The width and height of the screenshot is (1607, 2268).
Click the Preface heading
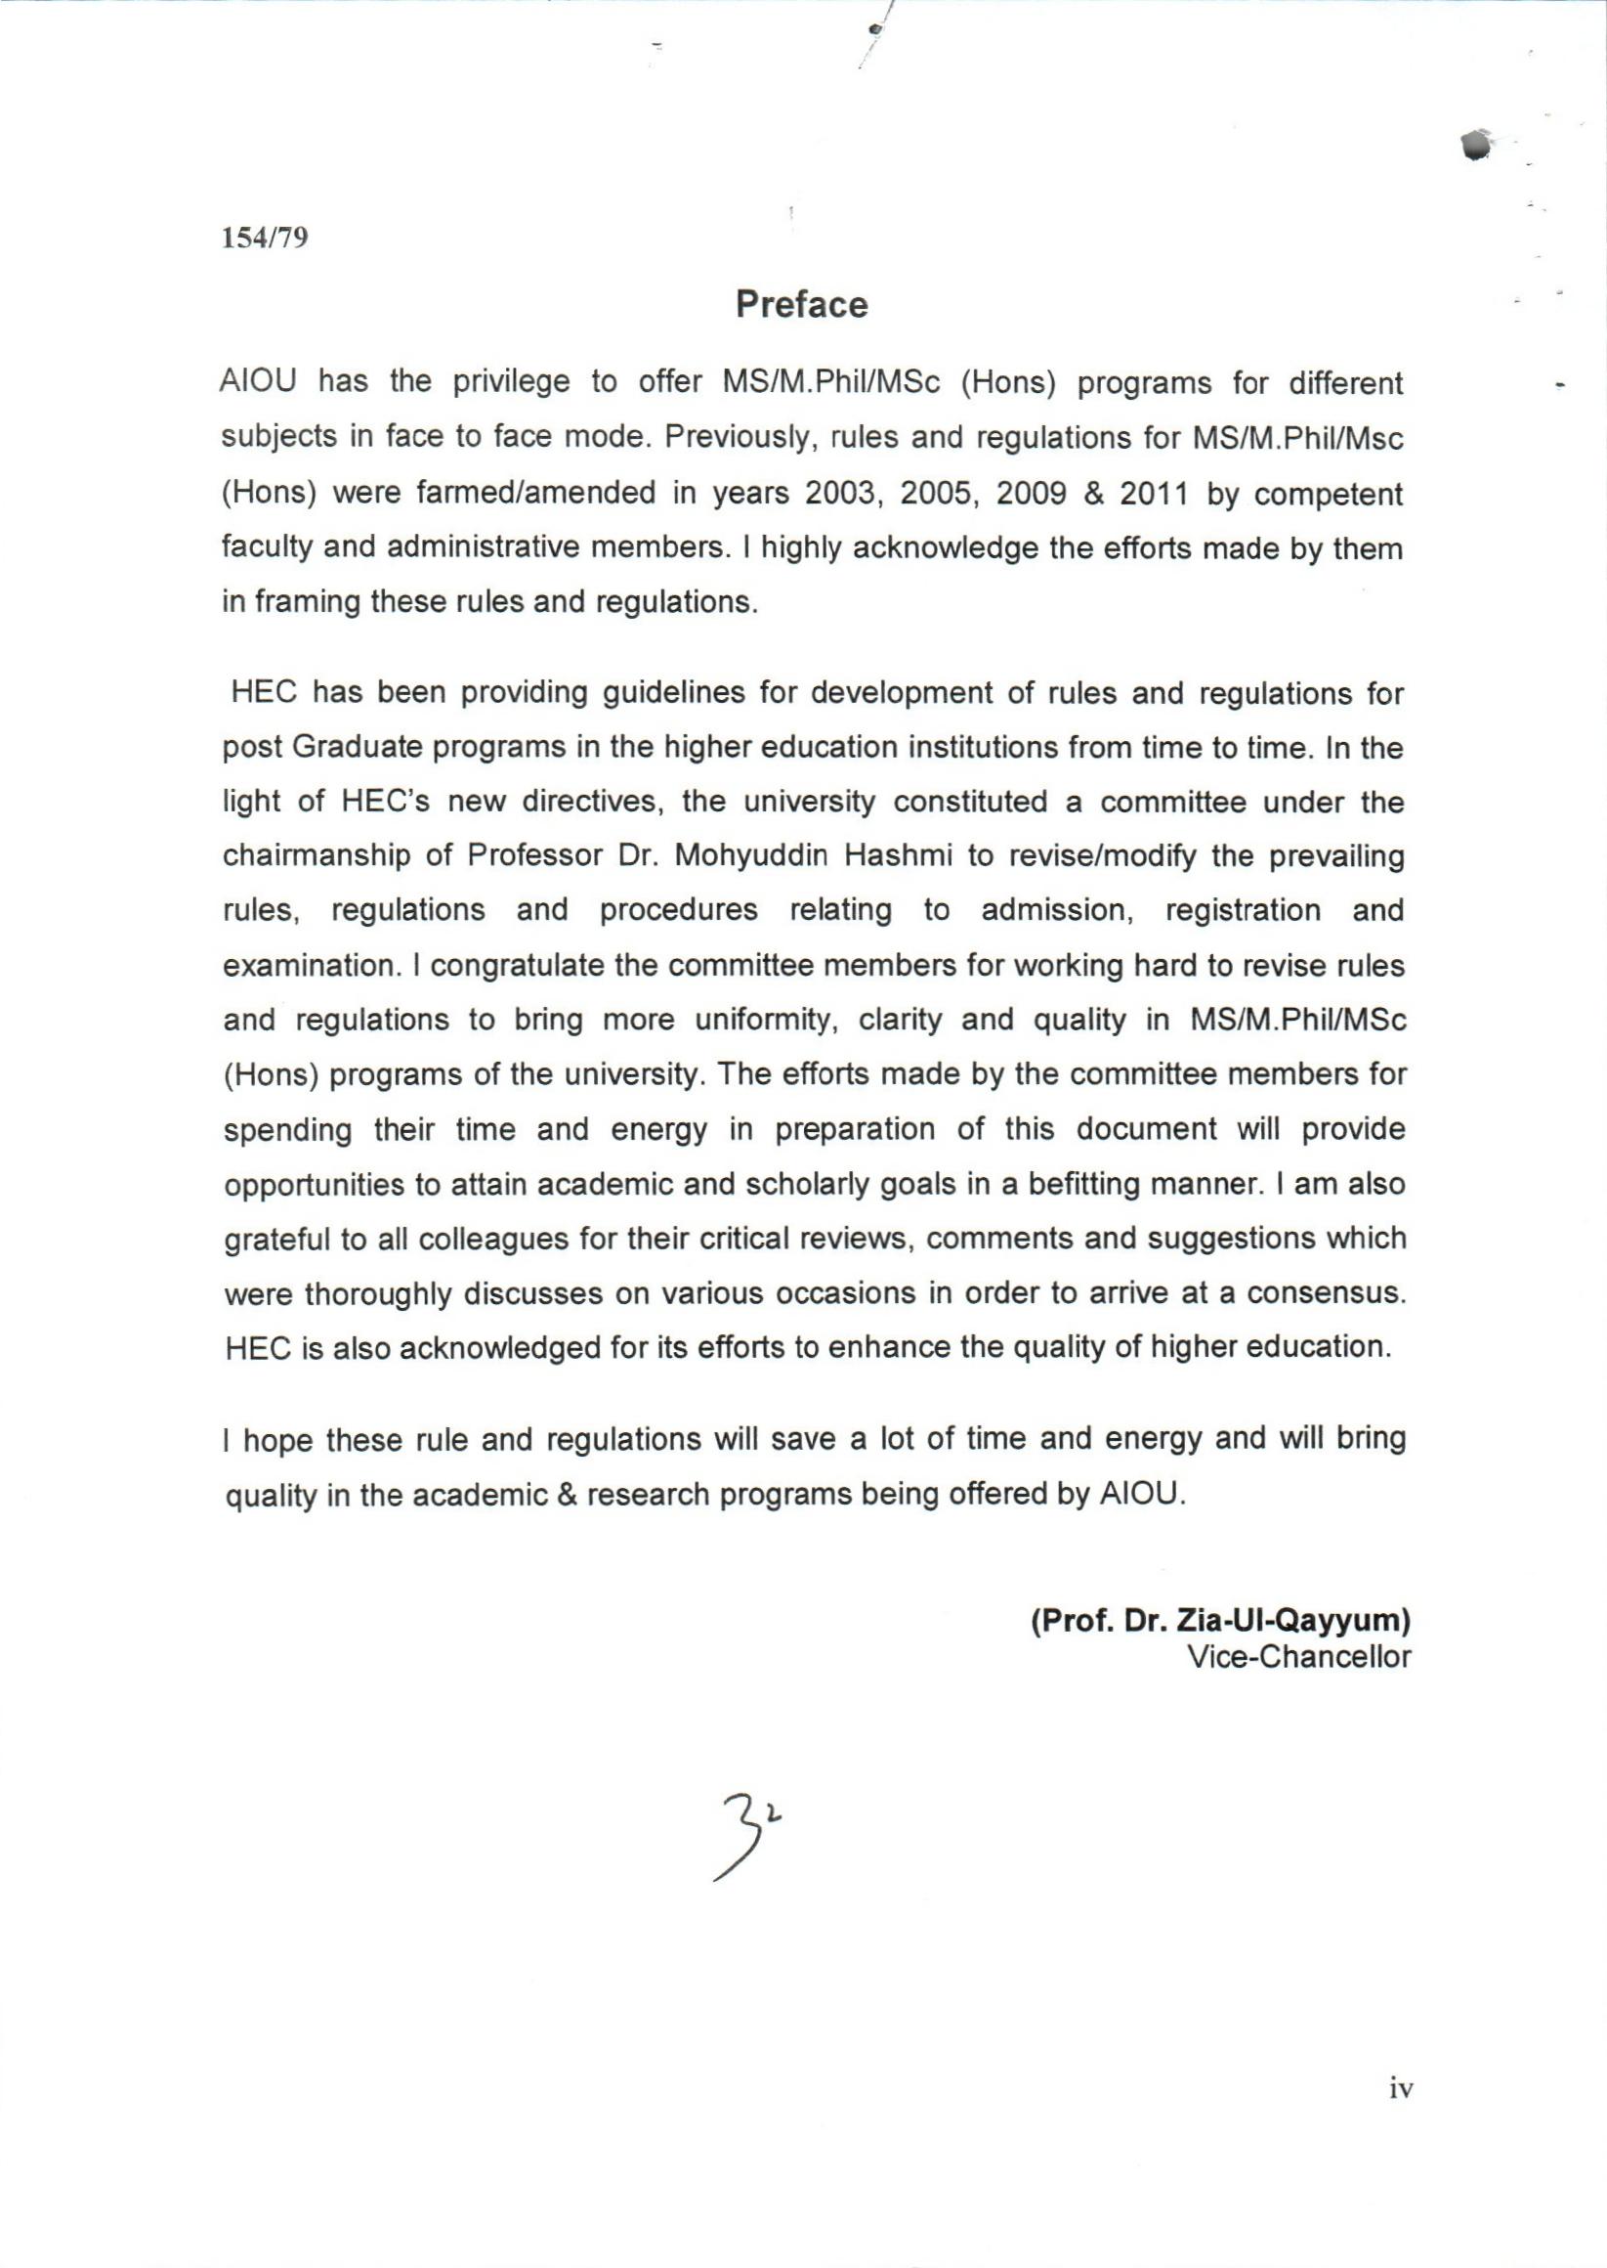coord(800,305)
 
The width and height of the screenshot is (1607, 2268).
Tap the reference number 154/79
coord(263,238)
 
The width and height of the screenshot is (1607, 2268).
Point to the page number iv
coord(1401,2089)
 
